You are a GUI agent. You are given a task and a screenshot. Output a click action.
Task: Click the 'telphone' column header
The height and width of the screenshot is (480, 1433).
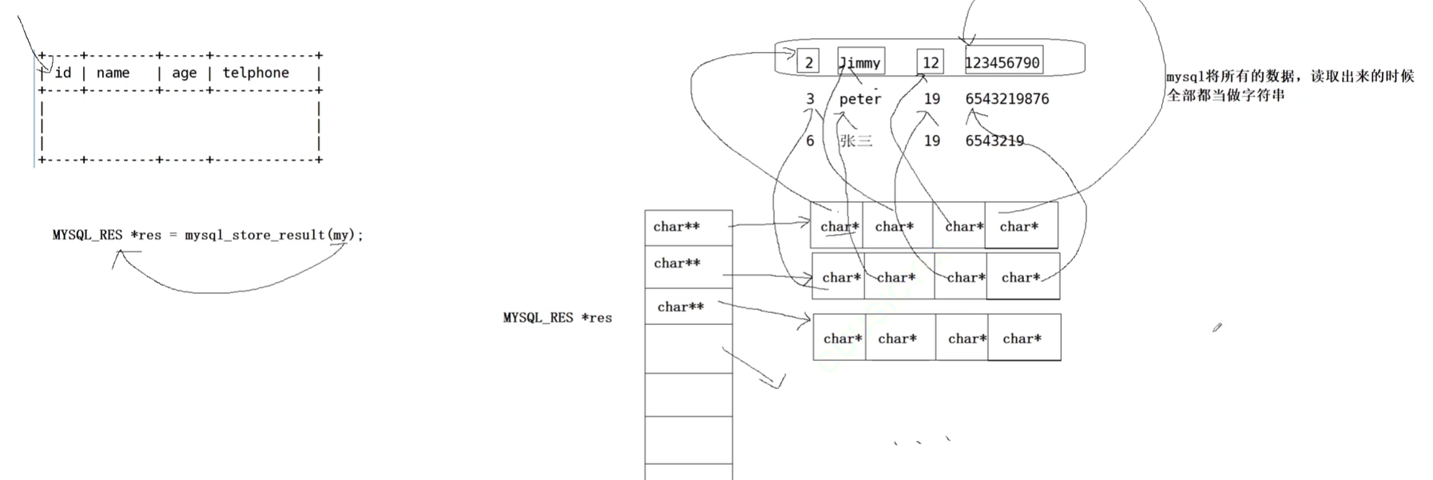click(x=256, y=73)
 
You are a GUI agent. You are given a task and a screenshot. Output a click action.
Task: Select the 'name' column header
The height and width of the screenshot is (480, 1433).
click(x=113, y=73)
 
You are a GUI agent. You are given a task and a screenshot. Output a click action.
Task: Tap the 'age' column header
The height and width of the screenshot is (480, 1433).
click(x=184, y=73)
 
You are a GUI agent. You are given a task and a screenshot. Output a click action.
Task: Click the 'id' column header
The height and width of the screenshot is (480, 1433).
click(x=63, y=73)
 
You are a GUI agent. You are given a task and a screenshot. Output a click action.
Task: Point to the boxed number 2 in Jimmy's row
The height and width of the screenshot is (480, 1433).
click(x=808, y=62)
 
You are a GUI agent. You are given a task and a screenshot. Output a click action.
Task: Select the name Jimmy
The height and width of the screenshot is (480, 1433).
click(x=860, y=62)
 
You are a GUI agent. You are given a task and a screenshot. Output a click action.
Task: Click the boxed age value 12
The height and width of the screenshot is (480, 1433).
click(x=931, y=62)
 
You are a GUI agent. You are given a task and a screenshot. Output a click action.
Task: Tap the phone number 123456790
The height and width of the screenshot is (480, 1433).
click(x=1002, y=62)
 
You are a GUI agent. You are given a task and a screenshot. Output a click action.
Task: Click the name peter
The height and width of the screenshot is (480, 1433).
click(x=860, y=99)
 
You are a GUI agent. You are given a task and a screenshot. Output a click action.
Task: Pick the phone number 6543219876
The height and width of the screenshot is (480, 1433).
click(x=1007, y=99)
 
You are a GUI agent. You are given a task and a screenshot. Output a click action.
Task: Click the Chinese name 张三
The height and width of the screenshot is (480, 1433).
click(x=855, y=141)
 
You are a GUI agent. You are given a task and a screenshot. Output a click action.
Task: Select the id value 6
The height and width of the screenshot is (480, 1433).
click(x=810, y=141)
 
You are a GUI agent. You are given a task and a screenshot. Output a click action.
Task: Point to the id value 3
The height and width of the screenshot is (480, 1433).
click(x=810, y=99)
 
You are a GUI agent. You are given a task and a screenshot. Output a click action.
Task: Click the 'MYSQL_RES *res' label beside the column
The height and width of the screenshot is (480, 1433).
click(x=558, y=318)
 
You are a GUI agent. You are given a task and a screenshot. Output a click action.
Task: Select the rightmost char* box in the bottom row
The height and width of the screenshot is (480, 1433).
click(x=1023, y=339)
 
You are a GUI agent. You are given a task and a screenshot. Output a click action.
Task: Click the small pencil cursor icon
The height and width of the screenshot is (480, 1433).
click(x=1217, y=327)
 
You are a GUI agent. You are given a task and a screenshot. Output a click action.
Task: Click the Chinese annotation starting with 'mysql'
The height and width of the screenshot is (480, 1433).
click(x=1289, y=85)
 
